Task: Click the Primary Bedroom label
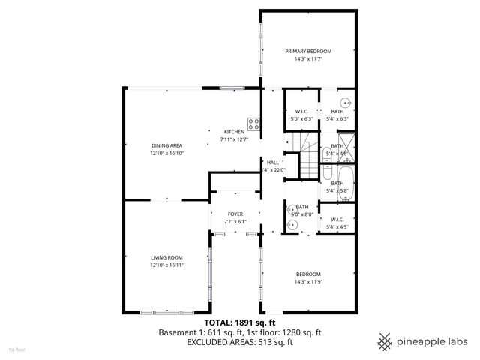(x=307, y=51)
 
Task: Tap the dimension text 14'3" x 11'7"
(x=307, y=58)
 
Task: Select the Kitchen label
(x=233, y=132)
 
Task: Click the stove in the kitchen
(x=253, y=124)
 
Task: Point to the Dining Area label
(x=166, y=145)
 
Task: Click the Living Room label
(x=166, y=257)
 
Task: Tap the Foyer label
(x=235, y=214)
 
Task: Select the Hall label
(x=272, y=162)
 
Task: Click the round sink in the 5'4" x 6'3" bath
(x=346, y=103)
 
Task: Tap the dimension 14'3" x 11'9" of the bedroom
(x=307, y=281)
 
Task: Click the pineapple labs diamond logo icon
(x=385, y=341)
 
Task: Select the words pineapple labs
(x=433, y=341)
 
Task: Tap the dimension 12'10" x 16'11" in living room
(x=166, y=265)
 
